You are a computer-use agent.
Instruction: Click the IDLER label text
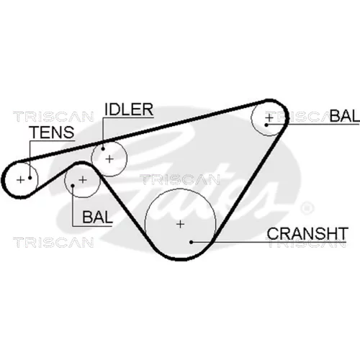click(129, 109)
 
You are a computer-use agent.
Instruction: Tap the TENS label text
click(53, 132)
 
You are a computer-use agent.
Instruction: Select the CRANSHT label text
click(307, 233)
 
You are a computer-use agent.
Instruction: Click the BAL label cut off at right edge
click(345, 116)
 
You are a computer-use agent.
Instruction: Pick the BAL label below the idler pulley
click(97, 217)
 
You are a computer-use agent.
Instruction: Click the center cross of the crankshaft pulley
click(180, 224)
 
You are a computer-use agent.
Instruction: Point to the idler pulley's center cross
click(109, 159)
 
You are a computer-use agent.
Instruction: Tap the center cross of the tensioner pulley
click(21, 179)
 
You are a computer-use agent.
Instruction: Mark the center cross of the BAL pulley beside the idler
click(83, 179)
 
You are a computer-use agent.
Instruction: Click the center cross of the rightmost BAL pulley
click(269, 118)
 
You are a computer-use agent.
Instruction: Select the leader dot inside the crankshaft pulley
click(192, 242)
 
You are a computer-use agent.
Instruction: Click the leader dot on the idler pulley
click(103, 149)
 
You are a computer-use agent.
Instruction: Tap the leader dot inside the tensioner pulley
click(30, 178)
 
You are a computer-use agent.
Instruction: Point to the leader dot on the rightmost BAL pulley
click(266, 125)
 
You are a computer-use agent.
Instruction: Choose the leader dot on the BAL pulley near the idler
click(73, 185)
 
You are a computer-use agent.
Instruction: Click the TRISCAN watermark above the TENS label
click(53, 117)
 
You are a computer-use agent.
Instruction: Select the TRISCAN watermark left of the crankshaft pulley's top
click(180, 179)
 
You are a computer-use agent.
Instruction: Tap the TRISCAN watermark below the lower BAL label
click(53, 243)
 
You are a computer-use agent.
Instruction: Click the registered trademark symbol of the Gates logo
click(307, 207)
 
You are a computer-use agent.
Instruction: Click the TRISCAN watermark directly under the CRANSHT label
click(306, 243)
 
